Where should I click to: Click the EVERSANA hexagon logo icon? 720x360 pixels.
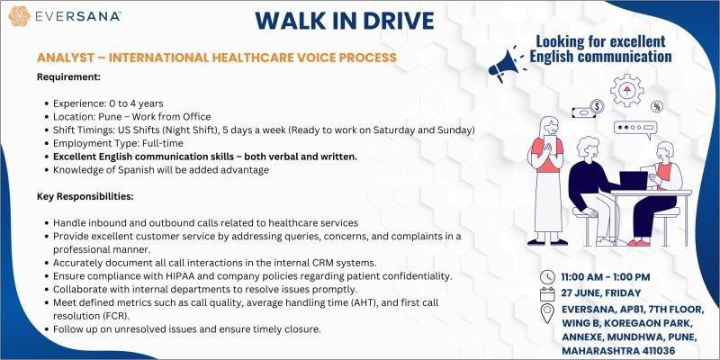tap(19, 16)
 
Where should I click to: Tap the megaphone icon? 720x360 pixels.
tap(504, 66)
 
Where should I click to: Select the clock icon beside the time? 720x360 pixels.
tap(547, 277)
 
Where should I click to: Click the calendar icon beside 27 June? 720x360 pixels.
tap(547, 293)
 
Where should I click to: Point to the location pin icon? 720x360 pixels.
tap(547, 313)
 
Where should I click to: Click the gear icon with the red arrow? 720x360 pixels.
tap(626, 91)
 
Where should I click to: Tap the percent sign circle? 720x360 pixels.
tap(657, 106)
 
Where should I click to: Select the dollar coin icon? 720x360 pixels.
tap(597, 106)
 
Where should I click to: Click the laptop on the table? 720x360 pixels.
tap(634, 180)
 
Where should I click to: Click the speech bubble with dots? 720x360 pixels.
tap(635, 129)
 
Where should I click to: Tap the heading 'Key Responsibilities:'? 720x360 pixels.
tap(85, 196)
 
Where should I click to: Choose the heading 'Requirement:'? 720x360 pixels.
tap(68, 76)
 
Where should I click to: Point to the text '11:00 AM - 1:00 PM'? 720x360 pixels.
tap(606, 277)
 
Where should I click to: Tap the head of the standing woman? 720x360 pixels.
tap(549, 125)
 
